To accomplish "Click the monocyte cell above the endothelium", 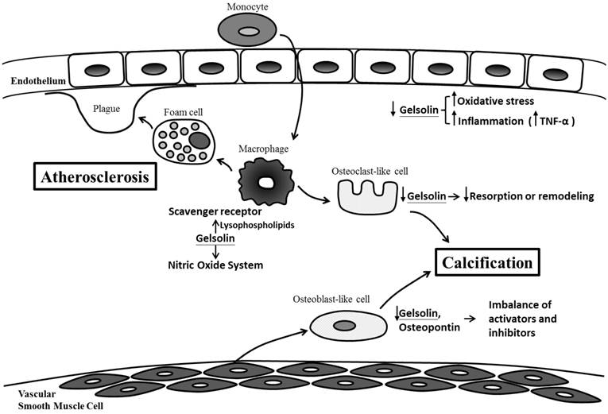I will pos(248,32).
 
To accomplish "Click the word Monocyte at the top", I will pos(248,6).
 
